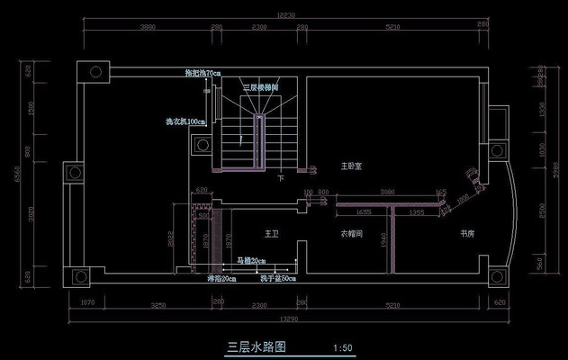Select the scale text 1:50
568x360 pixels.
(342, 346)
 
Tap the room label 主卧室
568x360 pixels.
(351, 166)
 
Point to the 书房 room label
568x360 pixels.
(467, 234)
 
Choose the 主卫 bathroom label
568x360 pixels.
(271, 234)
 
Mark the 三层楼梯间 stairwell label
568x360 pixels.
(260, 85)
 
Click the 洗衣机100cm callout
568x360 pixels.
(185, 121)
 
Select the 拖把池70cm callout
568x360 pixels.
(203, 73)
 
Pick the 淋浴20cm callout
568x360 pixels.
(221, 279)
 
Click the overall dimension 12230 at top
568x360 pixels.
(286, 15)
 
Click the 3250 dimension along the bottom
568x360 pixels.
(158, 306)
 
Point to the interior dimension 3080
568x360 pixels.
(387, 192)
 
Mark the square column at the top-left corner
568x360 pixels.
(94, 72)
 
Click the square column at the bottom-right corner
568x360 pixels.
(496, 275)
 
